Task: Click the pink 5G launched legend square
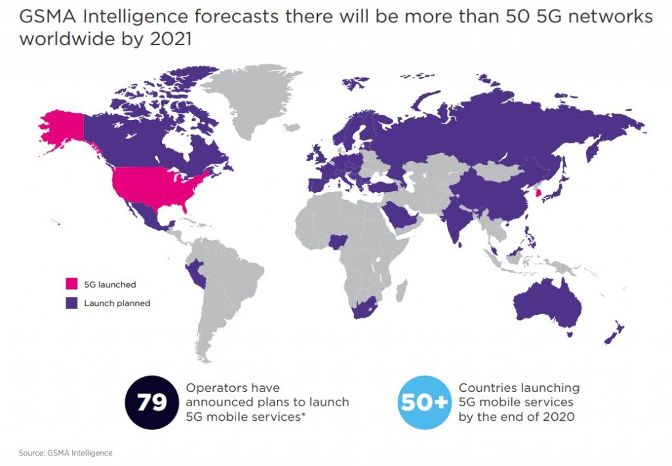click(x=72, y=284)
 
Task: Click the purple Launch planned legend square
click(x=72, y=303)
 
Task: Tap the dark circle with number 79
click(x=152, y=402)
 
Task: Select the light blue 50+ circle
click(x=425, y=402)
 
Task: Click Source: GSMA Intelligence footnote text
click(x=66, y=453)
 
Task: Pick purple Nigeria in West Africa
click(x=339, y=243)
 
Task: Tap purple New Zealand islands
click(x=615, y=334)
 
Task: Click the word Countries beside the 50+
click(x=486, y=388)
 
